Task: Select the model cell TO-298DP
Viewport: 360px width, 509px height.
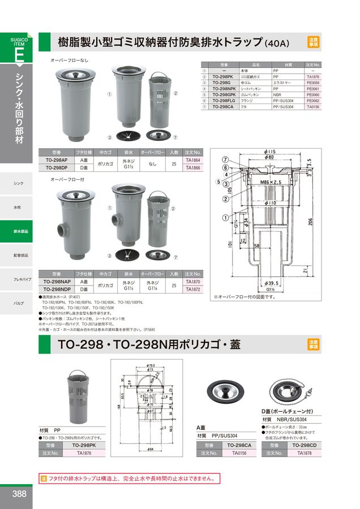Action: pyautogui.click(x=56, y=168)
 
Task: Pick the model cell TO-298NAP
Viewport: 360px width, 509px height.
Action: pyautogui.click(x=57, y=281)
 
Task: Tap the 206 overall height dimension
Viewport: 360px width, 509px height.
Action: pyautogui.click(x=310, y=223)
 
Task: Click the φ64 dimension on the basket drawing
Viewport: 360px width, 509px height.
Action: pyautogui.click(x=152, y=448)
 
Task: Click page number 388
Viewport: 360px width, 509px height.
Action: pyautogui.click(x=19, y=494)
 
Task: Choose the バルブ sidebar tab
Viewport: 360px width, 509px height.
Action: pyautogui.click(x=19, y=304)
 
